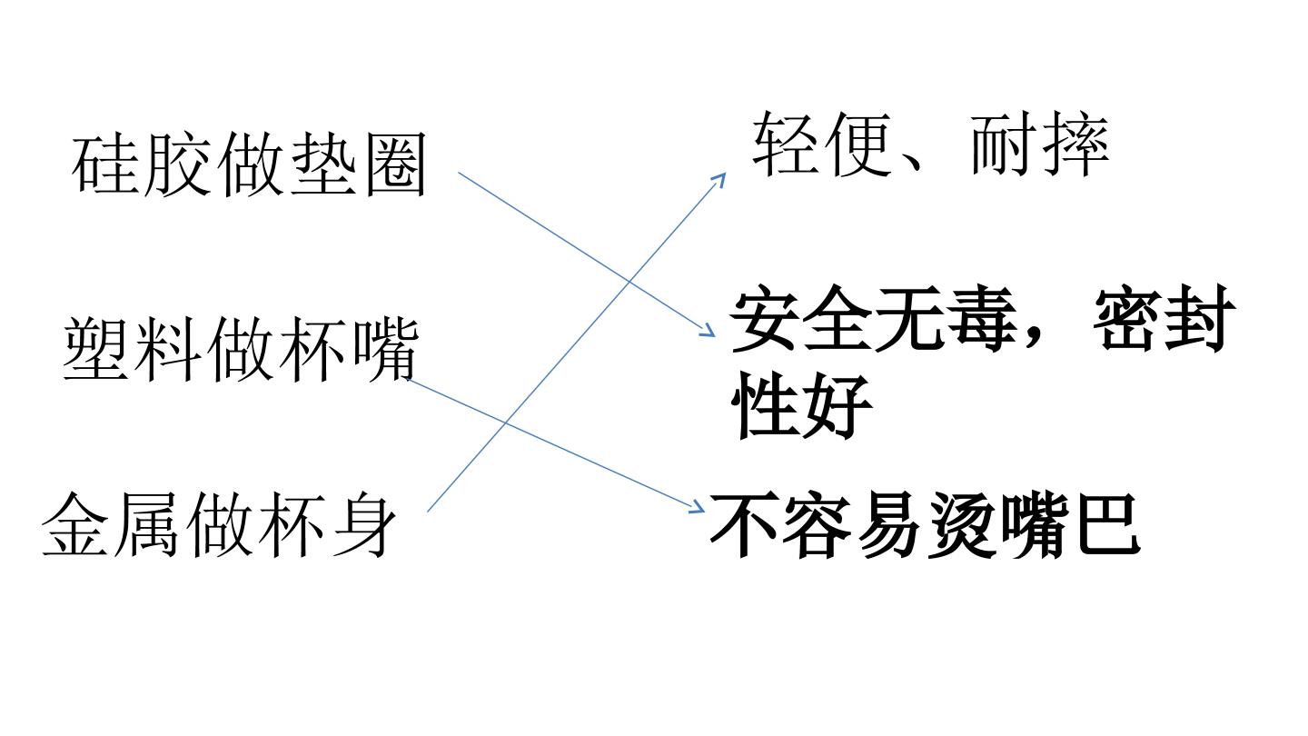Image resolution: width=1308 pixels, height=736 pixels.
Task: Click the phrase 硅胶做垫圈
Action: click(249, 164)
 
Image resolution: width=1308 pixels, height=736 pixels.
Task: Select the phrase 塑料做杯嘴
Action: click(241, 349)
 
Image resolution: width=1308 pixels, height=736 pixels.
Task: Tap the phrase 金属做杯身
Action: click(218, 524)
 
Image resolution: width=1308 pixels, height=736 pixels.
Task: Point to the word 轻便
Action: click(821, 144)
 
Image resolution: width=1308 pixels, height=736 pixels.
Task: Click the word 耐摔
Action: click(1039, 144)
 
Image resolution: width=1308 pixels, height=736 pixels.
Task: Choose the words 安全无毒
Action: click(874, 319)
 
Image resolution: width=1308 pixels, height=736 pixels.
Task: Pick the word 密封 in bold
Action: click(1164, 319)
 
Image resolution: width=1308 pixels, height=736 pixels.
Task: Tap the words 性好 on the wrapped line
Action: click(802, 405)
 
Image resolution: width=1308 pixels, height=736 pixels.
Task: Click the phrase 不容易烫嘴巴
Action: click(925, 524)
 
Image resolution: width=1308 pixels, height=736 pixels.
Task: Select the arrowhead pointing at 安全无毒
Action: click(708, 331)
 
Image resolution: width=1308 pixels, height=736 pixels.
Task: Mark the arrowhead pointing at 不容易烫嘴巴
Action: click(698, 507)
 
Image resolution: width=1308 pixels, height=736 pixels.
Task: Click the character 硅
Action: click(105, 164)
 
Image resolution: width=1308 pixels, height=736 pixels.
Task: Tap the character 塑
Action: click(95, 349)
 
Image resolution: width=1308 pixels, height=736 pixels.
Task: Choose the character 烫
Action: click(962, 524)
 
